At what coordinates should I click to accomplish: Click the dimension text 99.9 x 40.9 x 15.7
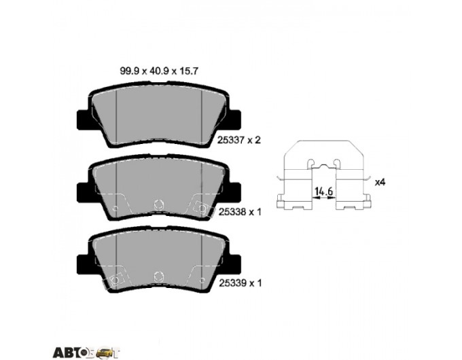158,71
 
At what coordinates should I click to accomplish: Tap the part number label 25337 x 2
239,140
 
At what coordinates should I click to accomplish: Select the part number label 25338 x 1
240,212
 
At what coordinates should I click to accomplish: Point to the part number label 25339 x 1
240,283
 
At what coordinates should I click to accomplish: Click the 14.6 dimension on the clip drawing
323,192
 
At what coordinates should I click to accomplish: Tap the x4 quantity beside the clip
380,182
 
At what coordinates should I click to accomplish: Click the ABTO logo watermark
86,352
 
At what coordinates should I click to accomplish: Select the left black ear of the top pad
83,120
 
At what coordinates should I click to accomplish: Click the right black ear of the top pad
234,120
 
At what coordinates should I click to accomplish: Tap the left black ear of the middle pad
83,192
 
